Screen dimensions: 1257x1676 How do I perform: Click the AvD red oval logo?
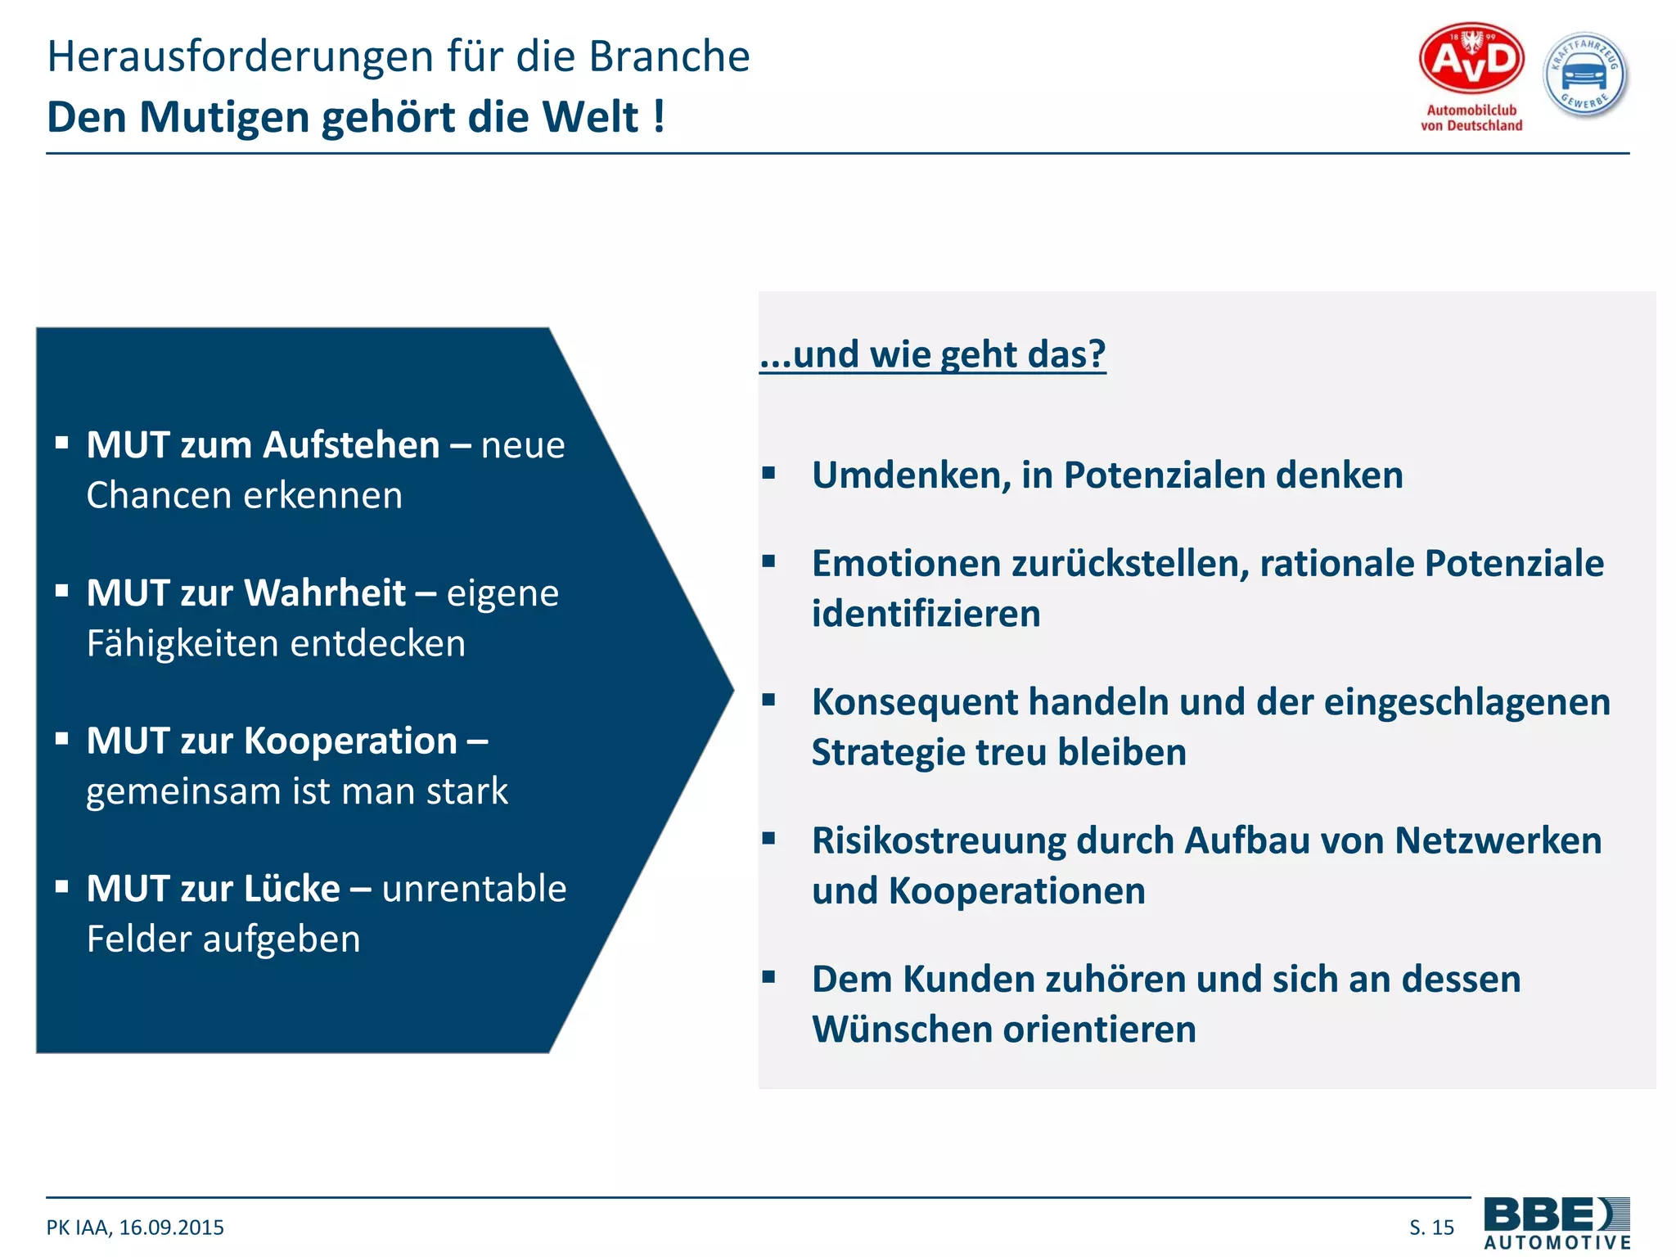click(x=1471, y=58)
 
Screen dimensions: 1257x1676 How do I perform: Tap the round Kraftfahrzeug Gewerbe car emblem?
click(x=1585, y=76)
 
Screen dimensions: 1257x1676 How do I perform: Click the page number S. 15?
click(x=1431, y=1228)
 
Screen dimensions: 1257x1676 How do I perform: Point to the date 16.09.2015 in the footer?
click(x=171, y=1228)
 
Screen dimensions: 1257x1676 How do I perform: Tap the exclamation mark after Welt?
click(x=659, y=117)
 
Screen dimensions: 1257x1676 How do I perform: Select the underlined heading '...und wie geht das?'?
click(x=933, y=354)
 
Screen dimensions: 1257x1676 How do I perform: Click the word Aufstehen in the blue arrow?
click(x=352, y=445)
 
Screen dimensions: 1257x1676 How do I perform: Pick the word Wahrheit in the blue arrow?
click(x=328, y=593)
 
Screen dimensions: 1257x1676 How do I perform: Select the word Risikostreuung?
click(x=937, y=840)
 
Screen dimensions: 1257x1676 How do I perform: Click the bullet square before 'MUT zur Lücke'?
click(x=62, y=886)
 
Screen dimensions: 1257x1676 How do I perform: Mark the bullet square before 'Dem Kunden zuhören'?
click(x=768, y=976)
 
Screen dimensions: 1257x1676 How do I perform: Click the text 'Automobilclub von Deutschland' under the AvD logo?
click(x=1471, y=118)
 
